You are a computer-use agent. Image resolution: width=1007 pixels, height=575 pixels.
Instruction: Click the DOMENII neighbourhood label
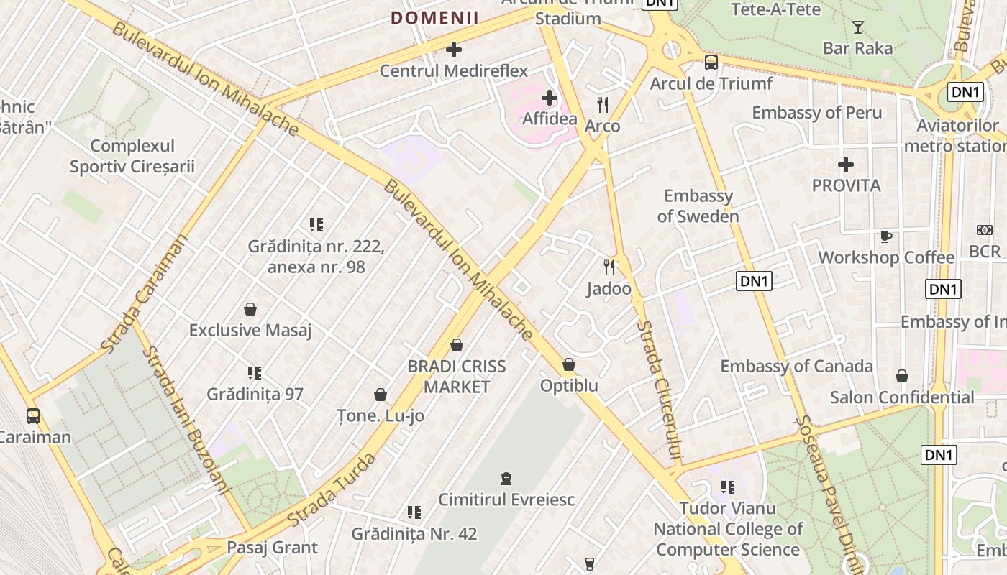pos(434,18)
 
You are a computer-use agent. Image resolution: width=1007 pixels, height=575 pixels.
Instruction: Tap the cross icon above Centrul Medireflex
pos(454,50)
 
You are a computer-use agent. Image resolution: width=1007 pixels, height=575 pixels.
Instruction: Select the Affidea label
pos(550,118)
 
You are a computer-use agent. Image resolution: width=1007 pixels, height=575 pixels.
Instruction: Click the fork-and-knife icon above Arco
pos(603,105)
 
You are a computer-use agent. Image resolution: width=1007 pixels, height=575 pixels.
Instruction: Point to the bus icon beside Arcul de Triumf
pos(711,63)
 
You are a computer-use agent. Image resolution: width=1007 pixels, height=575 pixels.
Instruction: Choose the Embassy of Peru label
pos(816,113)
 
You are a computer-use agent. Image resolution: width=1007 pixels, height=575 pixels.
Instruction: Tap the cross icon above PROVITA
pos(846,165)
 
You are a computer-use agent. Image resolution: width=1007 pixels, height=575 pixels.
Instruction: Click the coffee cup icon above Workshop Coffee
pos(886,236)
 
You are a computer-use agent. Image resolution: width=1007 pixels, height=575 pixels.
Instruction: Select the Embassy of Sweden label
pos(698,206)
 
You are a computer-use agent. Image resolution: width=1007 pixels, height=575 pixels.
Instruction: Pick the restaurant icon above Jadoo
pos(609,267)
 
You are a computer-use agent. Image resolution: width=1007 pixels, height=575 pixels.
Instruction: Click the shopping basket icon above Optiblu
pos(569,365)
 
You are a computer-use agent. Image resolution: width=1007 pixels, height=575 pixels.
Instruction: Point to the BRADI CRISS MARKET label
pos(457,377)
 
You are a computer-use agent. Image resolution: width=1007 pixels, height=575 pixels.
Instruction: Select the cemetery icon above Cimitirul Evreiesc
pos(506,478)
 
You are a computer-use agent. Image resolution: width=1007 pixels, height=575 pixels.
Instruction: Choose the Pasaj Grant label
pos(272,548)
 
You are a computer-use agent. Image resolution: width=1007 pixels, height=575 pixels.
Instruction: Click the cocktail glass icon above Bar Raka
pos(857,27)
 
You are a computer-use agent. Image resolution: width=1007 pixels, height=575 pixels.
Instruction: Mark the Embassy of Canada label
pos(796,366)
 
